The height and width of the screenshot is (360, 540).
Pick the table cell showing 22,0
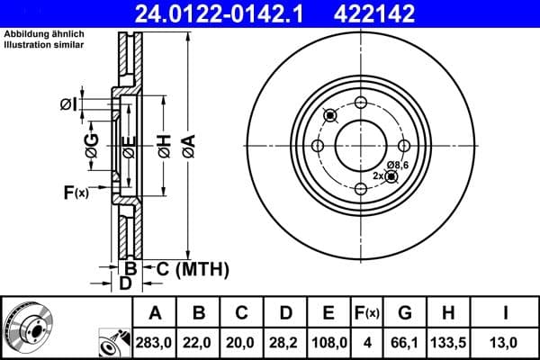coord(200,343)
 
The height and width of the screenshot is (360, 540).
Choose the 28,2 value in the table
coord(285,343)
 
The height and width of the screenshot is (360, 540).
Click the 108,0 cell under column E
coord(328,343)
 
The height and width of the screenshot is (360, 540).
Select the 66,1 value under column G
coord(405,343)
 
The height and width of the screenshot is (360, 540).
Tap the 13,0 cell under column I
coord(508,343)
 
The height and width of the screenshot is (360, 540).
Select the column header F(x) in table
coord(367,313)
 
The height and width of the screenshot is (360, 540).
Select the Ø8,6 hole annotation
coord(398,165)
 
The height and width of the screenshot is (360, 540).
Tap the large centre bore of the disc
coord(360,144)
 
